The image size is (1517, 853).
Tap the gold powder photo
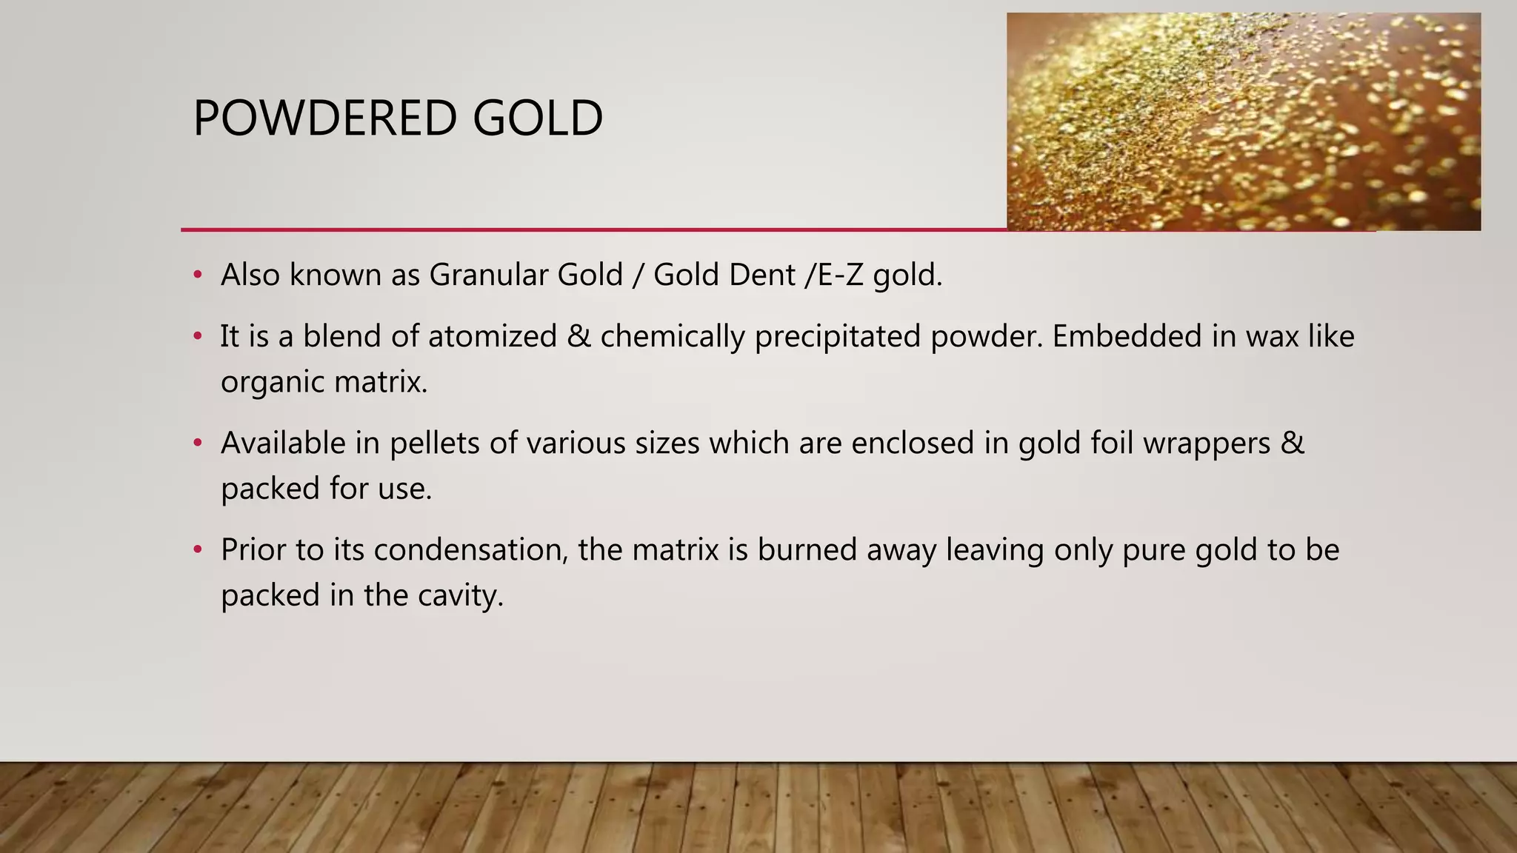tap(1243, 122)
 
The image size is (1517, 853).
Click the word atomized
tap(492, 337)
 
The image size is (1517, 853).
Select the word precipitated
tap(838, 337)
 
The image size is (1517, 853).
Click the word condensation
tap(470, 550)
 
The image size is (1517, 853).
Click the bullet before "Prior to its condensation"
tap(197, 550)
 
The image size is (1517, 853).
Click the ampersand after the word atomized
tap(579, 337)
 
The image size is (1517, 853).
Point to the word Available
tap(283, 444)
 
